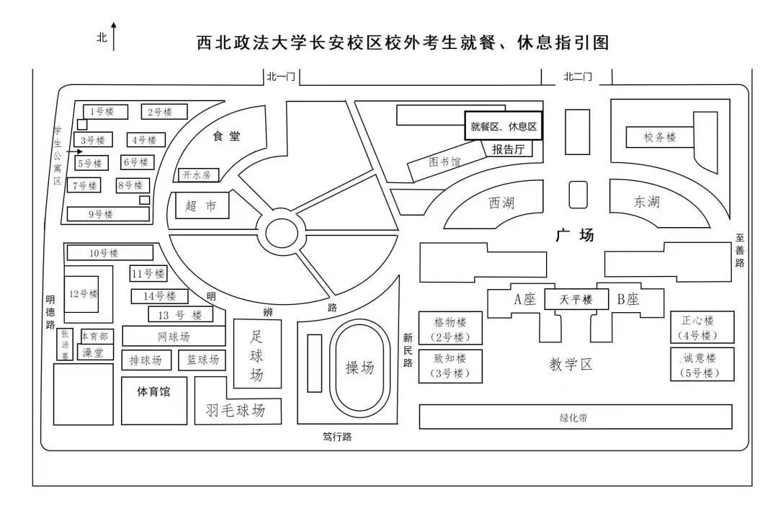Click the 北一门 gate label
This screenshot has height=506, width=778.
[x=281, y=76]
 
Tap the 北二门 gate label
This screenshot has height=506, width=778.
[x=577, y=76]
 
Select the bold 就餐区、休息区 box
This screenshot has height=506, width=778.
[x=504, y=126]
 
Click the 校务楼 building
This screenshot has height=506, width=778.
[x=659, y=137]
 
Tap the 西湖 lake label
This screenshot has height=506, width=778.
[x=501, y=203]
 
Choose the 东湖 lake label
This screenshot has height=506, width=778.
[x=646, y=202]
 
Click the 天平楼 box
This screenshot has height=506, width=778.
[x=576, y=300]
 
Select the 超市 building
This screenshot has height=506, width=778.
[x=202, y=206]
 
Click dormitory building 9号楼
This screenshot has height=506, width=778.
[x=108, y=214]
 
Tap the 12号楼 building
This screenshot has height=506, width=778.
[x=83, y=293]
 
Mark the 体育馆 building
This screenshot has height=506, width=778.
[x=153, y=393]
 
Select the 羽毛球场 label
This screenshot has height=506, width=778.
[x=235, y=411]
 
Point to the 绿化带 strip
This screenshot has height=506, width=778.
[x=575, y=417]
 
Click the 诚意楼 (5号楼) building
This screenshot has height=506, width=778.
[x=702, y=365]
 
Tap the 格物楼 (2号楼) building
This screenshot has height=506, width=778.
[x=450, y=329]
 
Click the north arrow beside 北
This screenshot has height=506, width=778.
[x=114, y=36]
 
